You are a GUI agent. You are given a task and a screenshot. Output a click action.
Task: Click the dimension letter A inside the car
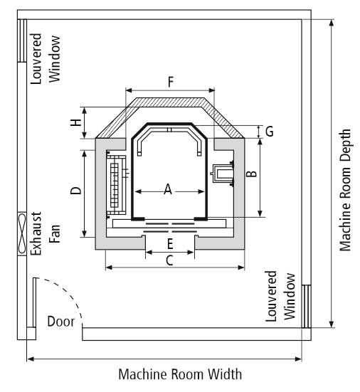tap(168, 189)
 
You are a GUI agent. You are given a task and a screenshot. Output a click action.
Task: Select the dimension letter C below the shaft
tap(169, 261)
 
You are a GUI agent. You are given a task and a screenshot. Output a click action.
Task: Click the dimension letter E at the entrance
tap(170, 244)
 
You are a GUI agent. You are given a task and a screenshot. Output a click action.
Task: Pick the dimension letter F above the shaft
tap(171, 82)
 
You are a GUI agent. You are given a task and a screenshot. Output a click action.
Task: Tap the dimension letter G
tap(269, 132)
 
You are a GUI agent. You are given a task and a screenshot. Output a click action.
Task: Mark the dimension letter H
tap(76, 122)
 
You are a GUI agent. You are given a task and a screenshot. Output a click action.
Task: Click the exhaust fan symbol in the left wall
tap(22, 233)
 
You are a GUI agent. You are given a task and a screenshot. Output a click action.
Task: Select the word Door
tap(60, 322)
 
